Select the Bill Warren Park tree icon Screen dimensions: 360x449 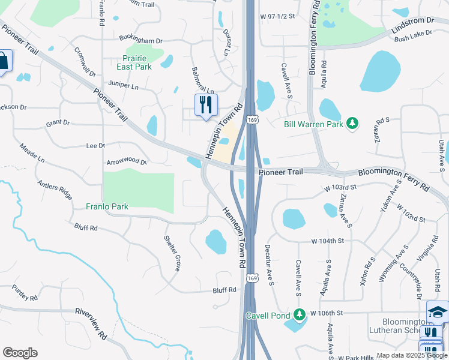(x=354, y=124)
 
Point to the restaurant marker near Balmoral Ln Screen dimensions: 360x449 (x=206, y=105)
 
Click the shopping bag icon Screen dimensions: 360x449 (x=3, y=61)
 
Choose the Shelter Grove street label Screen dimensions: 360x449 (x=172, y=253)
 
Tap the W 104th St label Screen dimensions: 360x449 (x=327, y=241)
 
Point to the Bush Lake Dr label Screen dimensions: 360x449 (x=414, y=36)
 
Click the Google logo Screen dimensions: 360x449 (x=19, y=353)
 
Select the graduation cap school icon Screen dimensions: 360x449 (x=437, y=312)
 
